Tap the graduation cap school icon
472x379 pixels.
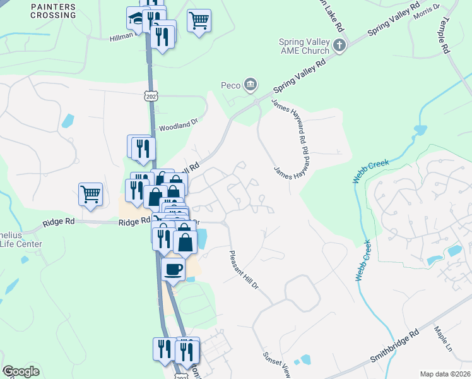click(136, 20)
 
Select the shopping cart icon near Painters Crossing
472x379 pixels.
click(199, 20)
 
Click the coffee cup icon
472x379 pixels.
click(173, 270)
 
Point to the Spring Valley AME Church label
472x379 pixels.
click(304, 46)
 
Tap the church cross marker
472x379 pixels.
click(340, 45)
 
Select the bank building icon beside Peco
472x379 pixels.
click(251, 84)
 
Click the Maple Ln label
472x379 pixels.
click(444, 339)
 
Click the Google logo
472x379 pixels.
click(21, 371)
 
